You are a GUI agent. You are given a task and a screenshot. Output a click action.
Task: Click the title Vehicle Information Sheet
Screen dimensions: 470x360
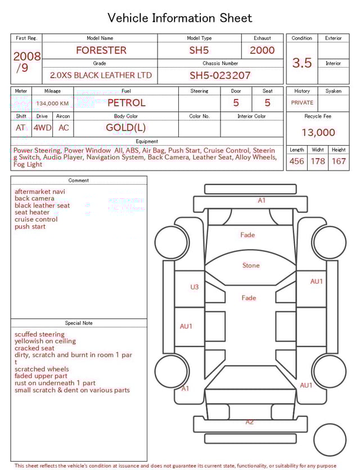click(x=180, y=18)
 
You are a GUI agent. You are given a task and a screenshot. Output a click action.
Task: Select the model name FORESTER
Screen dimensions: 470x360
click(x=101, y=50)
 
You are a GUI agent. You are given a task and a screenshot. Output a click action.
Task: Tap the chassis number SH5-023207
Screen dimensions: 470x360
click(x=220, y=75)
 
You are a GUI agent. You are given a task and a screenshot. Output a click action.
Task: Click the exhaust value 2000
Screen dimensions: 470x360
click(x=262, y=50)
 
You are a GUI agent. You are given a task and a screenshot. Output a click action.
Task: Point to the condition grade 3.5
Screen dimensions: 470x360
click(x=302, y=63)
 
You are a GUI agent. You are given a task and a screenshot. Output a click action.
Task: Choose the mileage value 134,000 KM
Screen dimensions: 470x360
click(x=52, y=104)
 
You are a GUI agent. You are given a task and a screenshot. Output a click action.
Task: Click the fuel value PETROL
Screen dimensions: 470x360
click(x=127, y=103)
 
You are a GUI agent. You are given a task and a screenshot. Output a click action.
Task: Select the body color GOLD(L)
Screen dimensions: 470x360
click(x=126, y=128)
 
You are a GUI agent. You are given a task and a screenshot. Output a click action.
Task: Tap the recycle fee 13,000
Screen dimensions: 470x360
click(x=318, y=133)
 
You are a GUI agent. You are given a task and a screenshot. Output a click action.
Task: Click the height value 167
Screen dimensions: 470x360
click(x=339, y=162)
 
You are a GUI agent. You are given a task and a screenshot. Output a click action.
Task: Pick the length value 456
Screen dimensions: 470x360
click(x=296, y=162)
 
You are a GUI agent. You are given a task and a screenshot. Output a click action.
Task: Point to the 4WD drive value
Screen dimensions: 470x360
click(x=42, y=128)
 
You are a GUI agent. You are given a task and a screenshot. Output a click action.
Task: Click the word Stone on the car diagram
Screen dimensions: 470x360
click(x=251, y=266)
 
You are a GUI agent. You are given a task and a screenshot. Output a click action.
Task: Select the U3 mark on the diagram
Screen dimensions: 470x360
click(x=194, y=287)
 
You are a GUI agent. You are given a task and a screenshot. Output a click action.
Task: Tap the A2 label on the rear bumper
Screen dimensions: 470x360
click(x=250, y=422)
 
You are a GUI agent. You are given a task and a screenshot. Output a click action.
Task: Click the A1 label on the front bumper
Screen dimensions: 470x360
click(x=262, y=200)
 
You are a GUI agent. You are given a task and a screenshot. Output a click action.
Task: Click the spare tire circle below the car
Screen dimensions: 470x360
click(x=330, y=440)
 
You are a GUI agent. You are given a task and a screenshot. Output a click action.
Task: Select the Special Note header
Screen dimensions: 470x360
click(x=79, y=323)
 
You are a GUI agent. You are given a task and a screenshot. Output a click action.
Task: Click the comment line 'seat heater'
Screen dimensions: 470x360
click(x=32, y=213)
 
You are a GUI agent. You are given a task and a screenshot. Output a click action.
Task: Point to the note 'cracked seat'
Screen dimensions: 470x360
click(x=34, y=348)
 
